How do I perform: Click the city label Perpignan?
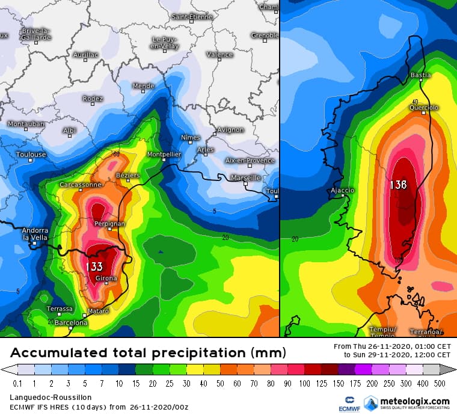tap(109, 224)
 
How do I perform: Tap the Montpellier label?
tap(164, 155)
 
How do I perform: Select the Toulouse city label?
tap(31, 155)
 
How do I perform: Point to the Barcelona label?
tap(72, 322)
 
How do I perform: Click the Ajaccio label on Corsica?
tap(343, 190)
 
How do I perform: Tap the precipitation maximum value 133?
tap(94, 266)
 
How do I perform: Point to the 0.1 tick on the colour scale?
tap(17, 383)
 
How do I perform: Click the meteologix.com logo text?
tap(415, 401)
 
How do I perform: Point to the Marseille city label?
tap(245, 177)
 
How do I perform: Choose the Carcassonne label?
tap(81, 185)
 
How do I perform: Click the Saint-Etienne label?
tap(192, 17)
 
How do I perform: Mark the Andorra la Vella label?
tap(34, 234)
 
